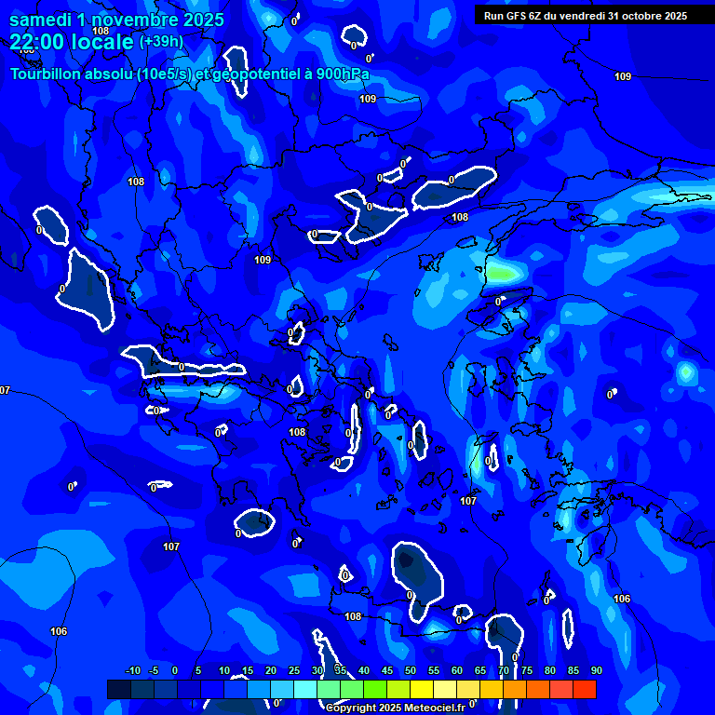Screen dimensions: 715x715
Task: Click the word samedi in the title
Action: click(40, 20)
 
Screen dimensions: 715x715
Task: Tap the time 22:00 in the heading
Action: click(38, 42)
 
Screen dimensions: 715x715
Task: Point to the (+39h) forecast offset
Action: click(161, 42)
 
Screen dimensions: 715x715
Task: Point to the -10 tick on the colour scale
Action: click(132, 670)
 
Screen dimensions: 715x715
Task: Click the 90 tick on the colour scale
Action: click(596, 670)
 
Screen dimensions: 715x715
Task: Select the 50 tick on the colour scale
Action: click(410, 670)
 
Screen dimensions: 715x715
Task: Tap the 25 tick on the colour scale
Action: click(293, 670)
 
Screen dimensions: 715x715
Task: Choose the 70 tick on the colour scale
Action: click(503, 670)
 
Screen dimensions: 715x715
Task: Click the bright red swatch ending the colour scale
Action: click(584, 689)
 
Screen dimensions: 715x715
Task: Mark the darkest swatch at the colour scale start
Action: click(118, 689)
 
